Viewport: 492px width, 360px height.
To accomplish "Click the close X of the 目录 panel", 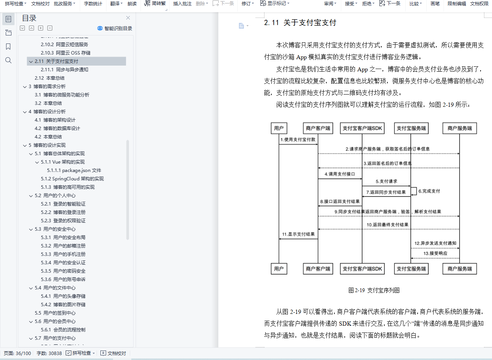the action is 128,18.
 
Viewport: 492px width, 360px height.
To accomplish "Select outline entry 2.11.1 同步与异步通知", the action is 65,69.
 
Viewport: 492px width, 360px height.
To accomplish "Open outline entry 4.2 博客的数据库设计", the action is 57,129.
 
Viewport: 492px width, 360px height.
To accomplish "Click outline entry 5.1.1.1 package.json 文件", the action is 74,170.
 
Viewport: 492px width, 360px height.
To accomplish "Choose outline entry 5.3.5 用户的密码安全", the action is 63,271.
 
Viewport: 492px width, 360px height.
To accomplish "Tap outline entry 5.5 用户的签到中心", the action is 55,313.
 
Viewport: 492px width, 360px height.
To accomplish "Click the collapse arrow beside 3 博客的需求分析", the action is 25,87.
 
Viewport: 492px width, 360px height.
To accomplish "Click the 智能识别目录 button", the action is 115,28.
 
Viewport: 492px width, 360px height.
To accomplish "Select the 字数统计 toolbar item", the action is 93,4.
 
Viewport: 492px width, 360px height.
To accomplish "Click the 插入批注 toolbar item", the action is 182,4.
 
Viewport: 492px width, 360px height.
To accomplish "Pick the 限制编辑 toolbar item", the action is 457,4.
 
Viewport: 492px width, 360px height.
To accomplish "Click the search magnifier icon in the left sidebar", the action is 8,60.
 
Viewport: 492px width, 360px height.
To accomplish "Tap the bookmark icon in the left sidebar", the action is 8,47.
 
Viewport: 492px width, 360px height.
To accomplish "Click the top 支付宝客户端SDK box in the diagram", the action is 362,128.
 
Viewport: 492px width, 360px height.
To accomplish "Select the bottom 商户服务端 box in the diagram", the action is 460,269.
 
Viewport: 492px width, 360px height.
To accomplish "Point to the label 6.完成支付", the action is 429,191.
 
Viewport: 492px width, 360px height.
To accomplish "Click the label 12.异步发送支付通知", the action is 436,243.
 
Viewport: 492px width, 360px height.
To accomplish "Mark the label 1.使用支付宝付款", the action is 298,140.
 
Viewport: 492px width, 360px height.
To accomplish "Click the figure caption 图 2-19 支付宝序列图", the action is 374,290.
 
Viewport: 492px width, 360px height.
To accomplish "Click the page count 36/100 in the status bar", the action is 23,353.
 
